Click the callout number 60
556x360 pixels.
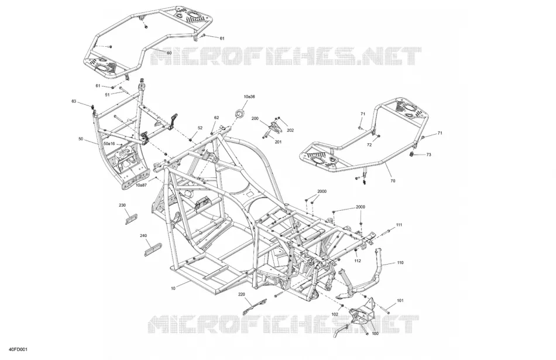pyautogui.click(x=169, y=53)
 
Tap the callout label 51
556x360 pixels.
pyautogui.click(x=107, y=95)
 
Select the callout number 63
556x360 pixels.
pyautogui.click(x=74, y=101)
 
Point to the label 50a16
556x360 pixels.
pyautogui.click(x=109, y=143)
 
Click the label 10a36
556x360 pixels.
pyautogui.click(x=249, y=97)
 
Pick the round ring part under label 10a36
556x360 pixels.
pyautogui.click(x=241, y=114)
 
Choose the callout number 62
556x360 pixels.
pyautogui.click(x=217, y=118)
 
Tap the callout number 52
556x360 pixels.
pyautogui.click(x=200, y=128)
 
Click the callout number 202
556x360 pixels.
pyautogui.click(x=290, y=131)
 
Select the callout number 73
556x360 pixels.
pyautogui.click(x=428, y=155)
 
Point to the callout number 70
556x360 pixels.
pyautogui.click(x=393, y=181)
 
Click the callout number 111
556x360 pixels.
pyautogui.click(x=399, y=225)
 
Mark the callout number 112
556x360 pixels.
pyautogui.click(x=358, y=260)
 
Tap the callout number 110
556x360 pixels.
pyautogui.click(x=400, y=263)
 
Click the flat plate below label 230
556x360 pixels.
pyautogui.click(x=132, y=219)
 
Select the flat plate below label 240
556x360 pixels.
pyautogui.click(x=153, y=249)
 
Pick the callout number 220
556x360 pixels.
pyautogui.click(x=242, y=294)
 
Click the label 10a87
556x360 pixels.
pyautogui.click(x=141, y=185)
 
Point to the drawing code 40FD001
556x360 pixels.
pyautogui.click(x=19, y=349)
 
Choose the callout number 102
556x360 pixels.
pyautogui.click(x=335, y=314)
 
